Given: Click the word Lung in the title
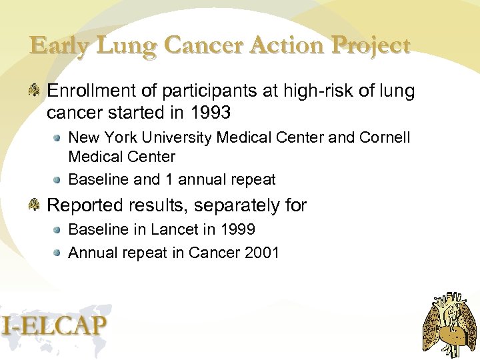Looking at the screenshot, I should click(125, 45).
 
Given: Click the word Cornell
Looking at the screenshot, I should click(385, 137).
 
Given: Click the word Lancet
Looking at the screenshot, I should click(175, 229).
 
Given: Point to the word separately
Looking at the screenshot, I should click(237, 205).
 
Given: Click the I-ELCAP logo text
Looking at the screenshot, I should click(55, 325).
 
